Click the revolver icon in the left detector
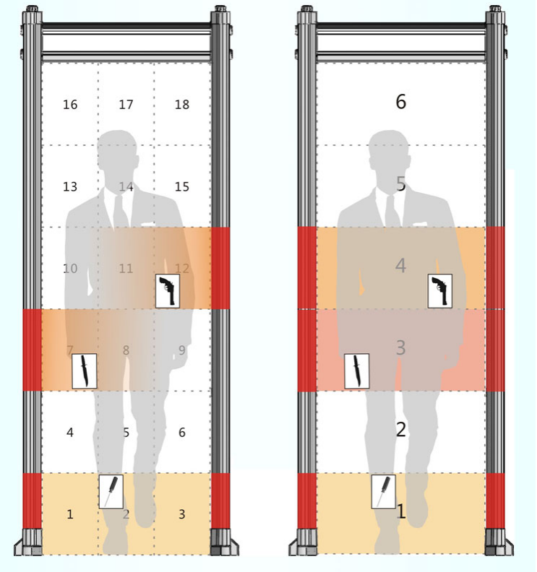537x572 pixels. tap(168, 291)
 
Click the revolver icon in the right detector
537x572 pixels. tap(440, 291)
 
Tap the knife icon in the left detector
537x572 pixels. tap(85, 371)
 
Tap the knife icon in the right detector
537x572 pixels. tap(356, 371)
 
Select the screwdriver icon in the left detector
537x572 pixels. tap(111, 491)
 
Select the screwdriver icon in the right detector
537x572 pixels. tap(383, 491)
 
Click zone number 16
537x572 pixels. tap(70, 105)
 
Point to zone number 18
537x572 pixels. tap(182, 105)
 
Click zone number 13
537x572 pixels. tap(70, 187)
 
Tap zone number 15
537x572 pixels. tap(182, 187)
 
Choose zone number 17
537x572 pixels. tap(126, 105)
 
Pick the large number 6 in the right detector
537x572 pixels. tap(401, 101)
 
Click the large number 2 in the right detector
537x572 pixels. tap(401, 430)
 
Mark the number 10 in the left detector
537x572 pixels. tap(70, 269)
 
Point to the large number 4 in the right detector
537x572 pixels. tap(401, 266)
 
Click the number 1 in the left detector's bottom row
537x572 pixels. tap(70, 514)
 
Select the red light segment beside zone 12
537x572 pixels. tap(221, 268)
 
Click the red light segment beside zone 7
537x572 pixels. tap(33, 350)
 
